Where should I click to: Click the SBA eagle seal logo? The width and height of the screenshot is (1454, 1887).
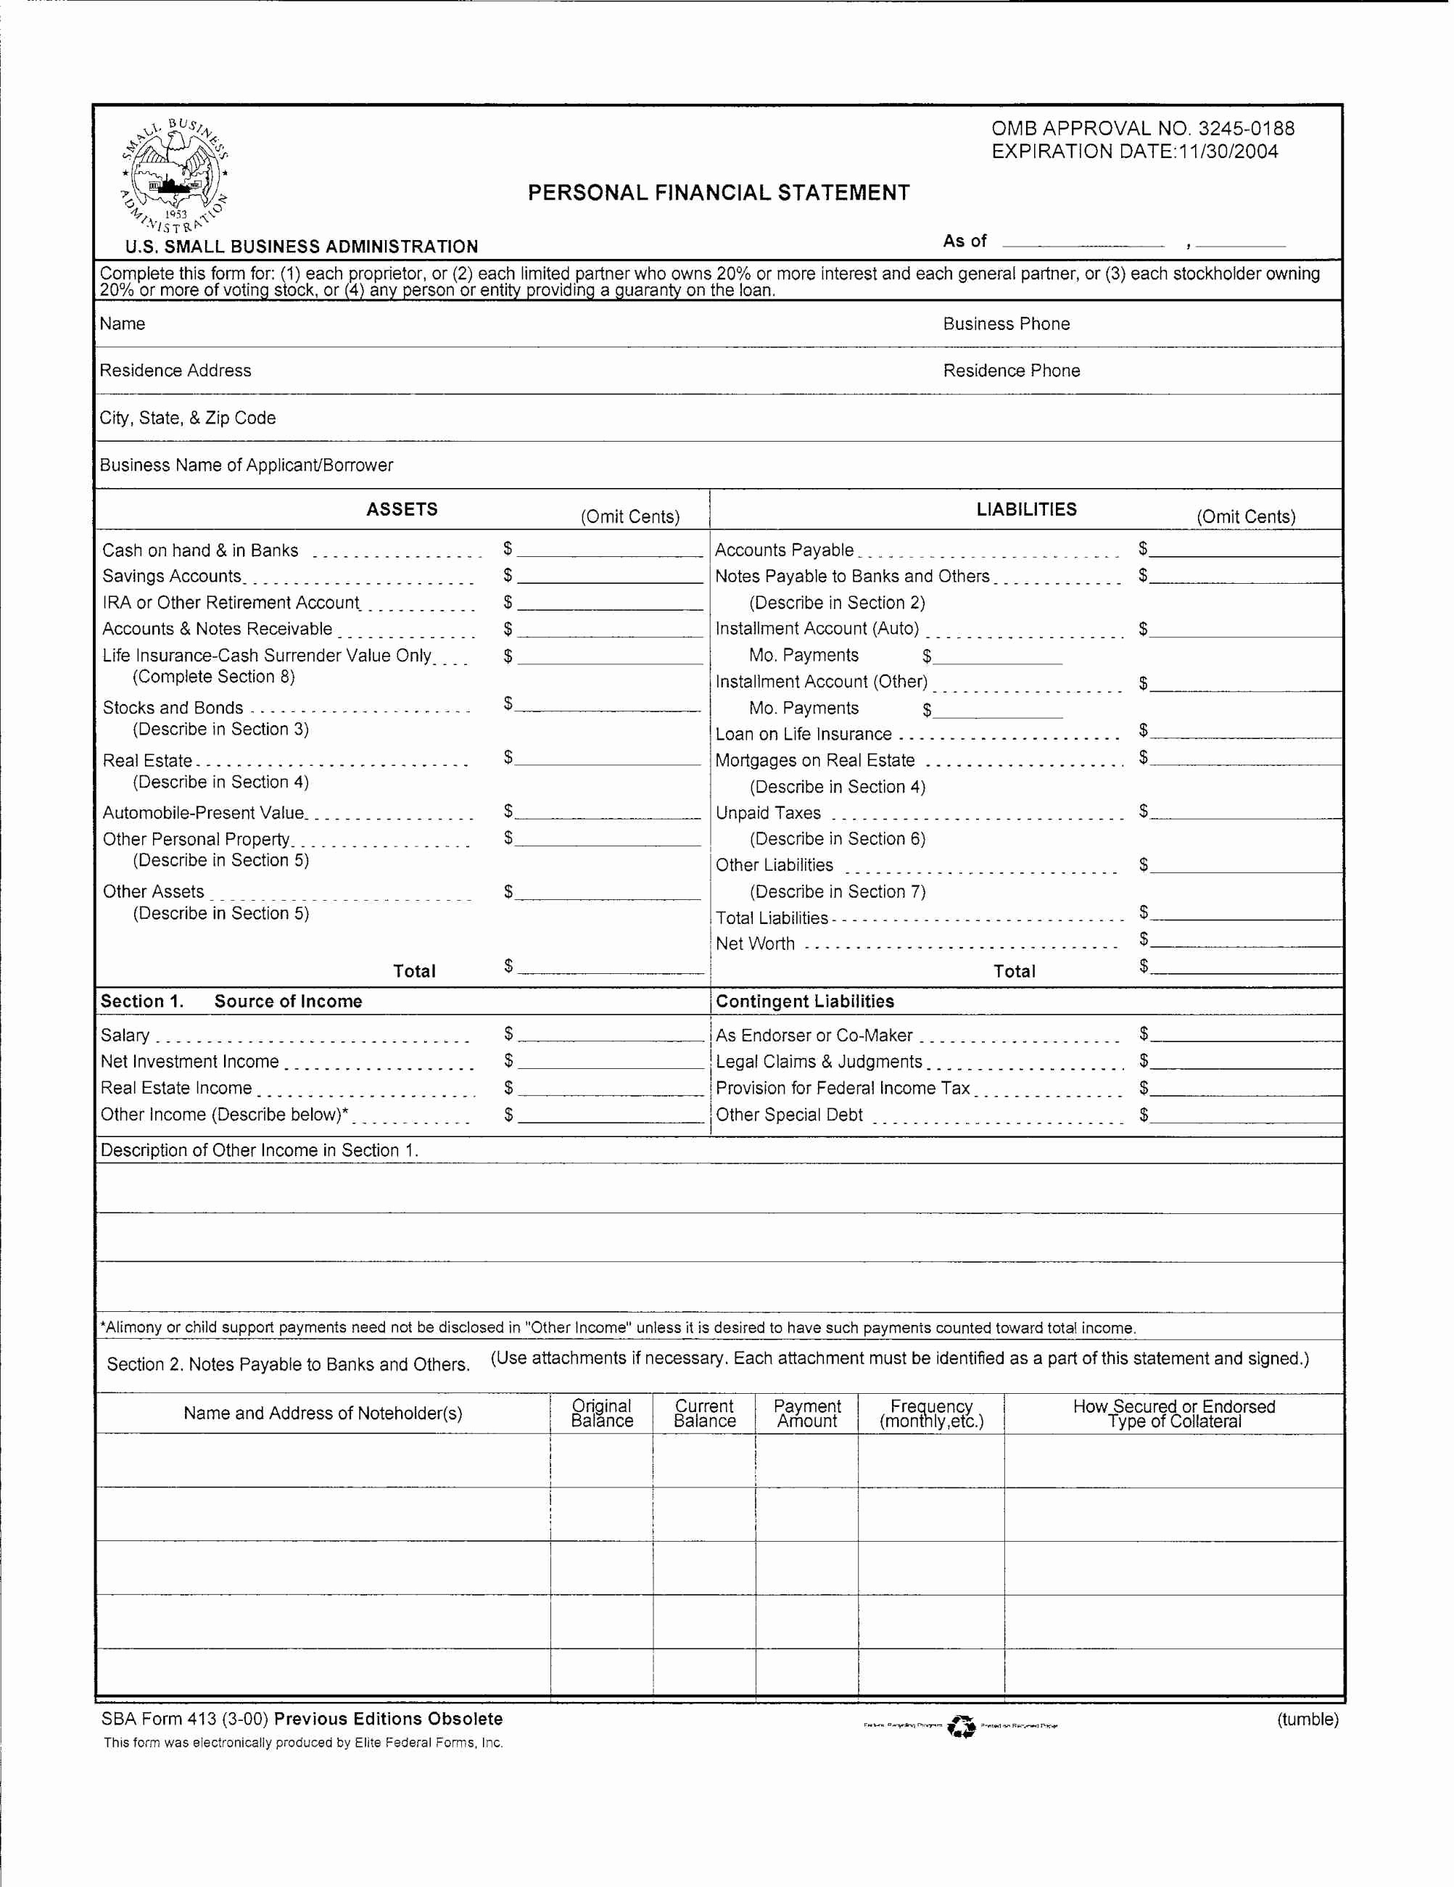(175, 176)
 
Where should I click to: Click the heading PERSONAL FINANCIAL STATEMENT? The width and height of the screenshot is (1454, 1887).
(718, 193)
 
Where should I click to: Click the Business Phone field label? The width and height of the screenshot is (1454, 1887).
(1006, 324)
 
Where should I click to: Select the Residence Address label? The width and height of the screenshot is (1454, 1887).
(175, 371)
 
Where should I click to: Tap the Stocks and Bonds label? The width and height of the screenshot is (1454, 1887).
(173, 708)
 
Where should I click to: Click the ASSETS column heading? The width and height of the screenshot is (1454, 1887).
(402, 509)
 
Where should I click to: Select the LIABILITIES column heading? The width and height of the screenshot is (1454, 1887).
(1025, 509)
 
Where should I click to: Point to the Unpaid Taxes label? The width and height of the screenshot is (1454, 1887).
(768, 813)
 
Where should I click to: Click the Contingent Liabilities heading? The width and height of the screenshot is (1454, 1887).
(804, 1002)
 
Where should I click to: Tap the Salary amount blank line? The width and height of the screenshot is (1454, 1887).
(611, 1036)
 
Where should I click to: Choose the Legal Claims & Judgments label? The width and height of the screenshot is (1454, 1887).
(818, 1062)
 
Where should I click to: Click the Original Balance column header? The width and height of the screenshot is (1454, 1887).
(601, 1413)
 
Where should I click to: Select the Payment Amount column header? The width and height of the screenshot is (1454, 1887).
(806, 1413)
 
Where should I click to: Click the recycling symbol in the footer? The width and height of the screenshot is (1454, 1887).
(961, 1725)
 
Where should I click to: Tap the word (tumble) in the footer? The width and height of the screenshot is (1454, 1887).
(1307, 1719)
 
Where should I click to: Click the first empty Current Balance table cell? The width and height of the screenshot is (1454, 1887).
(703, 1460)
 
